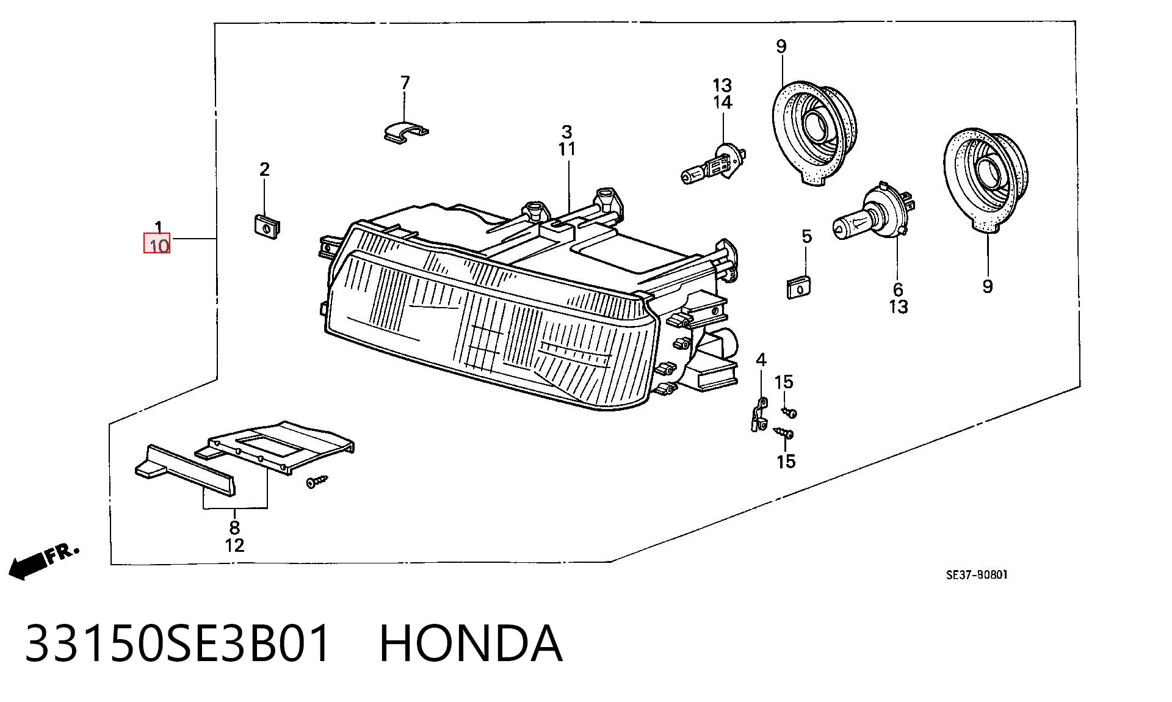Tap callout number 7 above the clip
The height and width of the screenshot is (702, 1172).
click(405, 82)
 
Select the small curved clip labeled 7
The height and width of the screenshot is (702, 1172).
click(405, 132)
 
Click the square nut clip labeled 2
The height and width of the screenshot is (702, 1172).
click(266, 225)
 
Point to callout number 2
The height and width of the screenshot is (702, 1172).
click(264, 169)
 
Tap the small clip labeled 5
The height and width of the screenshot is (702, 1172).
click(799, 287)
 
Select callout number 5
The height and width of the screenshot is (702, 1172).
click(806, 236)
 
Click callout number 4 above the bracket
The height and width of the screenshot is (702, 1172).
click(761, 360)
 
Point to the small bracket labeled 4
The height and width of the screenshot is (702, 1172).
click(759, 414)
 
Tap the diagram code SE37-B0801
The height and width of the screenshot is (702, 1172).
click(977, 574)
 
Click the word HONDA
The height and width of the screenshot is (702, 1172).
click(471, 643)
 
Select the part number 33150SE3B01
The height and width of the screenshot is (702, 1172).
click(178, 643)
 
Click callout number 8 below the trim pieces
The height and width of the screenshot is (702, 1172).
click(234, 527)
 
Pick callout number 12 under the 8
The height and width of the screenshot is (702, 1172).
click(234, 545)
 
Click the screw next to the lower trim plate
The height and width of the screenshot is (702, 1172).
click(317, 482)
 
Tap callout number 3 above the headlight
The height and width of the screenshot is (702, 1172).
click(567, 132)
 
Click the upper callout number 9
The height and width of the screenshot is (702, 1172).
click(781, 46)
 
